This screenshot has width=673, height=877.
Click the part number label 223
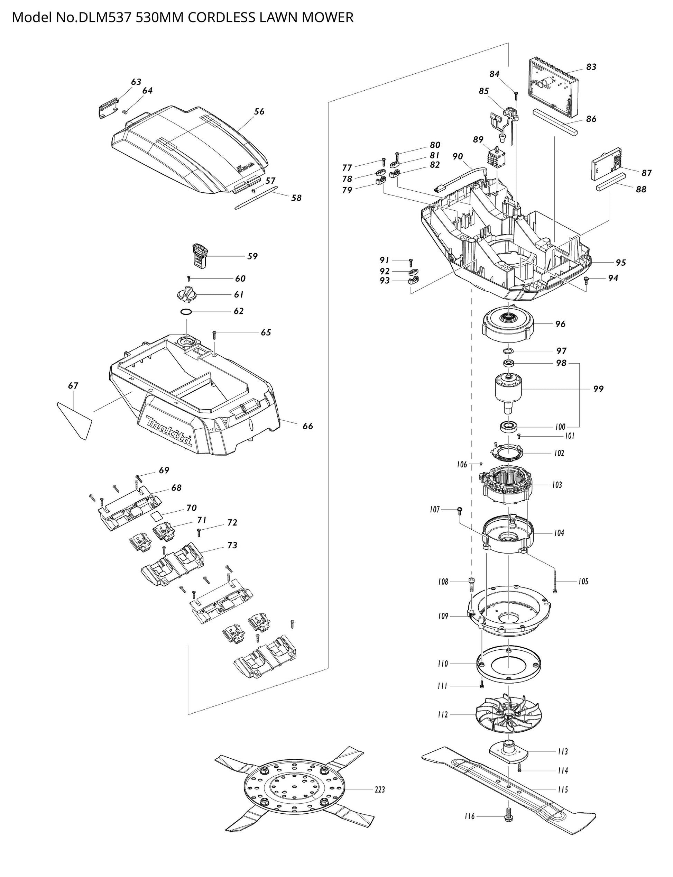(x=379, y=790)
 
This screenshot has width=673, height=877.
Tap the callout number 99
(x=598, y=389)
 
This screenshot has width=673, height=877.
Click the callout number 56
(x=259, y=111)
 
